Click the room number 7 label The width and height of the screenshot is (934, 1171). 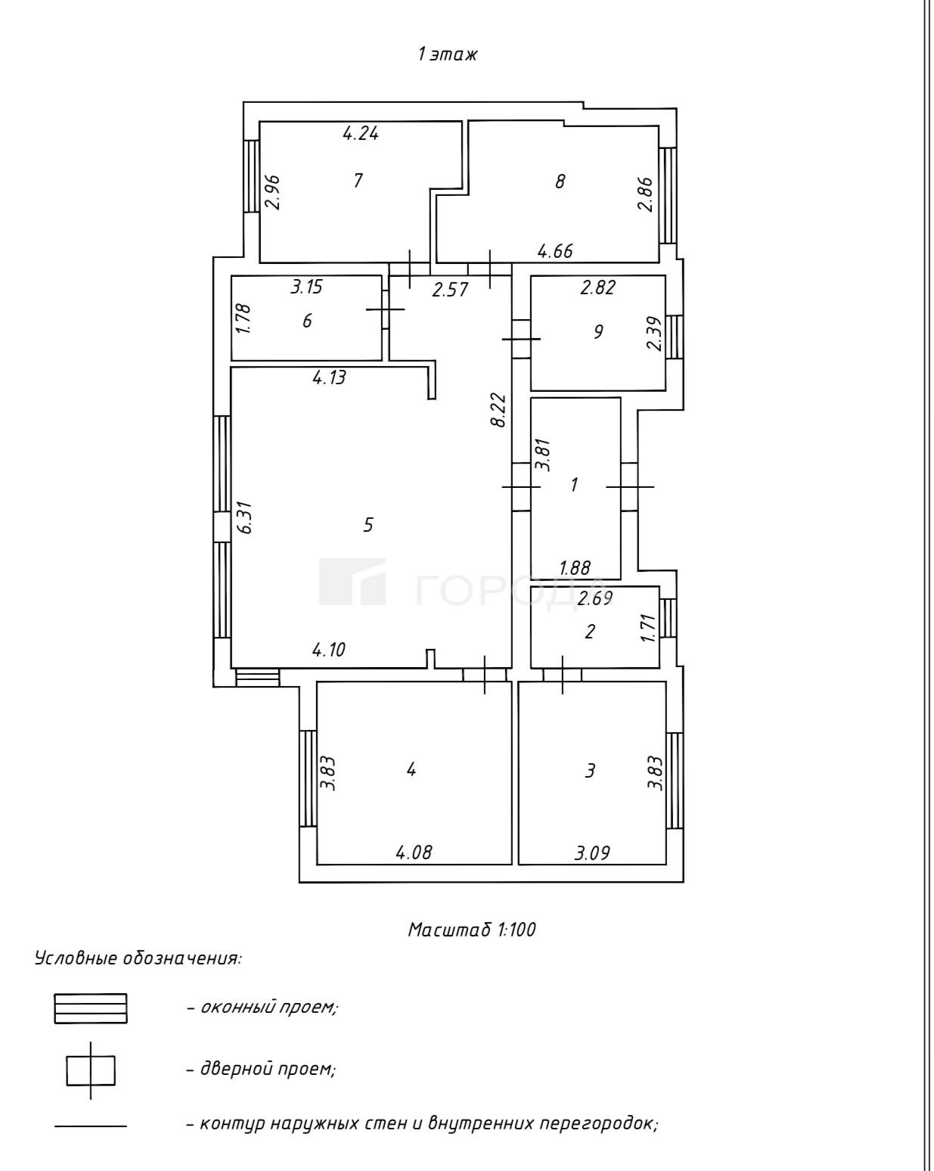[358, 180]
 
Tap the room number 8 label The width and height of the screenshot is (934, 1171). [560, 182]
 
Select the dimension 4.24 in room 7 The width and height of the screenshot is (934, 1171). [361, 133]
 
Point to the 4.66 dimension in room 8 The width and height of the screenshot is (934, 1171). [555, 251]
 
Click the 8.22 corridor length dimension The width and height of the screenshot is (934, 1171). [499, 410]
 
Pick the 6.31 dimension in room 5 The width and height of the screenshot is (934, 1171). [245, 517]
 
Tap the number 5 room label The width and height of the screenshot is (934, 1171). [368, 524]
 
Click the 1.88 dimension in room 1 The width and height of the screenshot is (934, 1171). [575, 568]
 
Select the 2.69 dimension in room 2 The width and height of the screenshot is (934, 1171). [594, 598]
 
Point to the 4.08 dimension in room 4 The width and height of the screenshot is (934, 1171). [414, 852]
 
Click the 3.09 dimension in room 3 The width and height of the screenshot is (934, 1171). [592, 853]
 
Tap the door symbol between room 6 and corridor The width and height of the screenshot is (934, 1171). [385, 309]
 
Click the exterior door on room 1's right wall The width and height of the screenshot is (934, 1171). [629, 486]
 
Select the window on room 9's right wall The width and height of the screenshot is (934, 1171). [674, 337]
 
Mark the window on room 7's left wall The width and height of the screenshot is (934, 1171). [251, 176]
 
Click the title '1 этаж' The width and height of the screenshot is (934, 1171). [447, 54]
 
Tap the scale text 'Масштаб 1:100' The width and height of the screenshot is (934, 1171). [472, 929]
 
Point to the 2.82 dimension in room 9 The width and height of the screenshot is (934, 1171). [597, 287]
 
